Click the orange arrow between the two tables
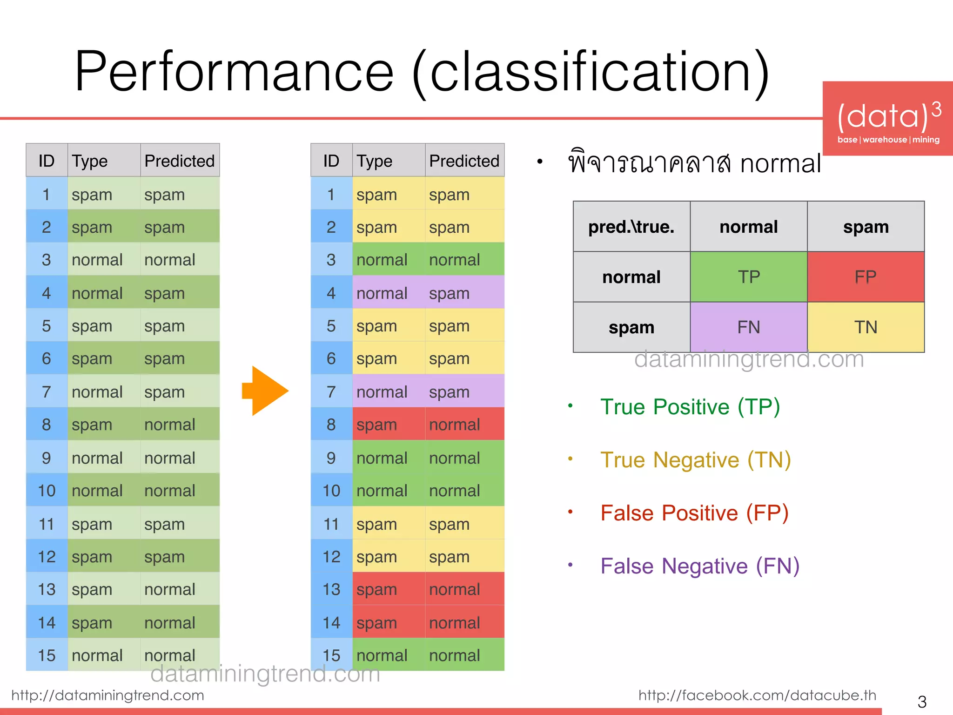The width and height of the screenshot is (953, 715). point(264,391)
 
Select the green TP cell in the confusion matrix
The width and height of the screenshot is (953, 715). point(748,277)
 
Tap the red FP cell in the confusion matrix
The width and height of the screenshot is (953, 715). point(866,277)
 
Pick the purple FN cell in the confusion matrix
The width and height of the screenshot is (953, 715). point(748,327)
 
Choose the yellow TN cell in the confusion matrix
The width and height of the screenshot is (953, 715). point(866,327)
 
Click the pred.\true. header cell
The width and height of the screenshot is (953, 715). point(631,227)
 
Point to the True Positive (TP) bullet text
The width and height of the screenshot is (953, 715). point(690,407)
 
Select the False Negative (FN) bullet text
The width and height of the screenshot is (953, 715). point(699,566)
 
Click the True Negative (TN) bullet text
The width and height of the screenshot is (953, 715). point(695,460)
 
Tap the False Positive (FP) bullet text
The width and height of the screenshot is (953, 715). point(694,513)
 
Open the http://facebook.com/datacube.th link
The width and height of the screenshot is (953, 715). point(757,695)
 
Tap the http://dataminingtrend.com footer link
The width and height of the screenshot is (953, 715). point(107,695)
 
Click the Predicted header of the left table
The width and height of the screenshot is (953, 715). point(180,161)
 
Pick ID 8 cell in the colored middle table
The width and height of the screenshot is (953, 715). point(331,425)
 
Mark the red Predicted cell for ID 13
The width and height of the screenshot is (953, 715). point(464,589)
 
